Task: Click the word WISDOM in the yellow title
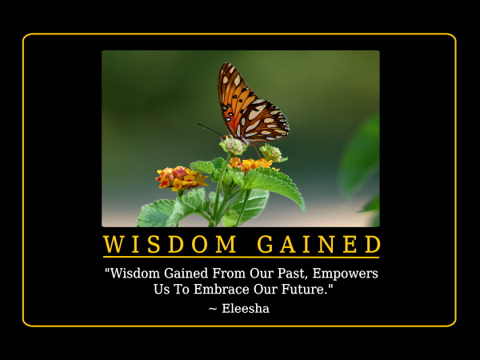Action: pos(170,244)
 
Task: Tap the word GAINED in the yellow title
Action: pos(319,244)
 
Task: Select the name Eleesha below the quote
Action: pos(246,309)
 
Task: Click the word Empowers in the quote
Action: pos(346,274)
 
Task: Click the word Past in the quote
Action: pos(293,274)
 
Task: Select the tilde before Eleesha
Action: pos(213,309)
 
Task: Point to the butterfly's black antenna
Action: pos(210,130)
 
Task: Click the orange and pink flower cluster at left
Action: pos(181,178)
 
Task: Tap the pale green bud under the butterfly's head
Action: pos(234,146)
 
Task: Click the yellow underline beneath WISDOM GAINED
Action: pos(241,257)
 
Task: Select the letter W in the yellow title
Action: pos(113,244)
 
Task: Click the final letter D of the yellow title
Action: pos(373,244)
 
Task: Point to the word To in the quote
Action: pos(182,290)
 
